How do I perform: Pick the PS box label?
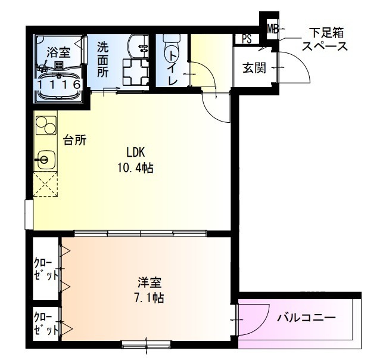click(247, 39)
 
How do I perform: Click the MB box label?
click(273, 27)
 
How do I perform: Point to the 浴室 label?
click(59, 51)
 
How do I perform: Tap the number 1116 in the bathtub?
click(59, 85)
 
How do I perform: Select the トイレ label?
click(173, 67)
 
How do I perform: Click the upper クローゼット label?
click(46, 269)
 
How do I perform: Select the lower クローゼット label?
click(46, 323)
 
